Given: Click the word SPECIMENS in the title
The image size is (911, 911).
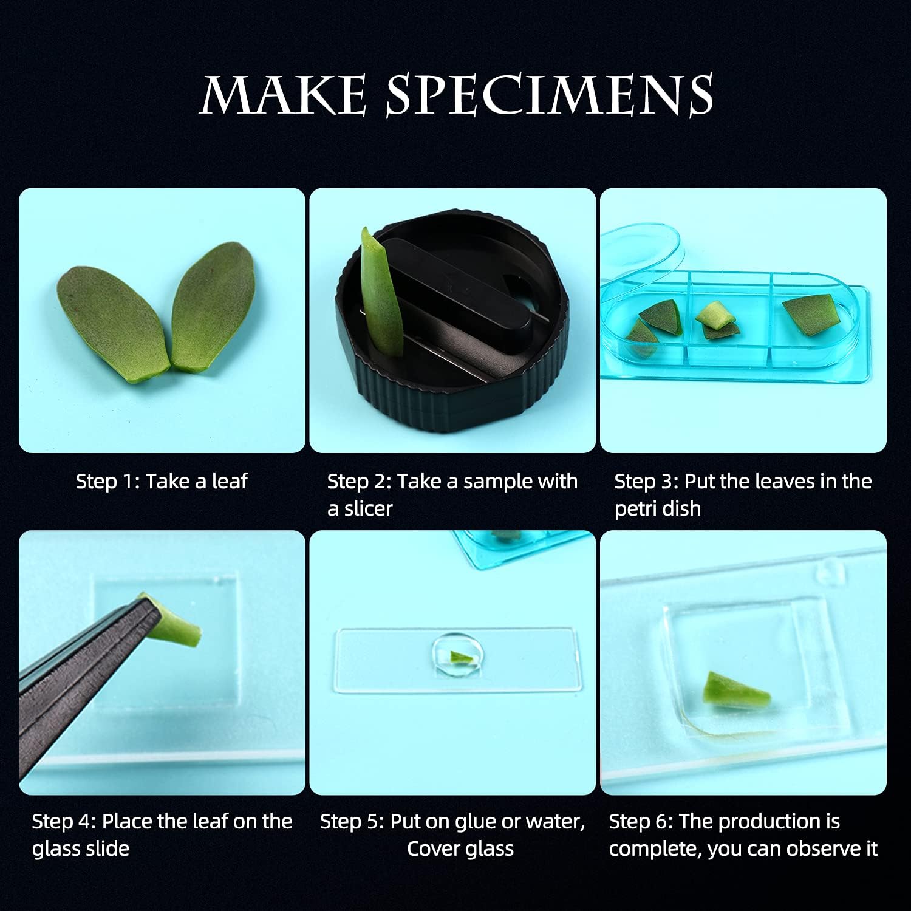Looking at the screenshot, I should point(550,95).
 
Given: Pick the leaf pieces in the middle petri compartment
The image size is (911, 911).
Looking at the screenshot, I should point(717,322).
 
